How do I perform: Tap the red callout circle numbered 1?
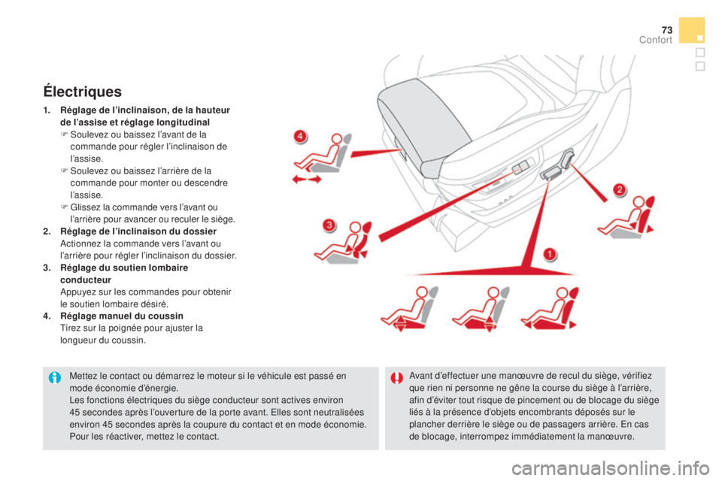(x=551, y=254)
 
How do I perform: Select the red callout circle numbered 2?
(x=618, y=189)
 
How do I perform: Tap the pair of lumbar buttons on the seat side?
(x=520, y=167)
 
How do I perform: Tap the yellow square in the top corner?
(x=691, y=30)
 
